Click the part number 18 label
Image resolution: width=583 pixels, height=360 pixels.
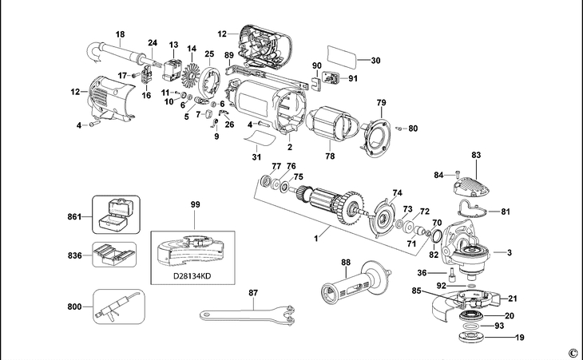(x=121, y=34)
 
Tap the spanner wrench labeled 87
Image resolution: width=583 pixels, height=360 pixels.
(x=248, y=312)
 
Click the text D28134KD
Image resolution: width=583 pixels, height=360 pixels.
(x=192, y=278)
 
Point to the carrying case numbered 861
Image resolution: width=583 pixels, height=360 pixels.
(x=116, y=215)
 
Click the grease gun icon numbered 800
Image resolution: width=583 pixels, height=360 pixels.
(x=116, y=306)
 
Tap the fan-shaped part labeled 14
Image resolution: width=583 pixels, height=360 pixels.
(x=192, y=69)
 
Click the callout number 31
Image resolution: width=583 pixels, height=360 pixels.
(x=256, y=156)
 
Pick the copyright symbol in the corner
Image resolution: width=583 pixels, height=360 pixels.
(x=572, y=352)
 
